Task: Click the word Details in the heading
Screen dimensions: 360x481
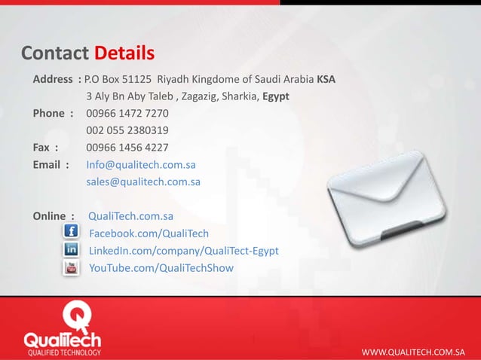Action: [x=124, y=54]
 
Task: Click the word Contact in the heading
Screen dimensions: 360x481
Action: [x=54, y=54]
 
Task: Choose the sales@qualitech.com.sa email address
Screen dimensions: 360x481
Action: [x=143, y=182]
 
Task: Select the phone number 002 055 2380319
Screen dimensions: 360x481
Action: [x=127, y=131]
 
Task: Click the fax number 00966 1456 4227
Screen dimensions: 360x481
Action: [x=127, y=148]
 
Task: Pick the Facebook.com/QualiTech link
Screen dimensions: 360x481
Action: [x=149, y=233]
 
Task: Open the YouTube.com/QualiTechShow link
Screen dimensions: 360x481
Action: [x=161, y=268]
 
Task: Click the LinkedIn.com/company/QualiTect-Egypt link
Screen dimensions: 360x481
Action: [x=184, y=251]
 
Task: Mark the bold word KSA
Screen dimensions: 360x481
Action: [x=326, y=79]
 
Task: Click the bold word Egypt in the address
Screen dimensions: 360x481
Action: [x=276, y=96]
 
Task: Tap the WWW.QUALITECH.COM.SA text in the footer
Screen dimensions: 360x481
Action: [x=413, y=352]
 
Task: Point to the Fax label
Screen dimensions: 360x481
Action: [x=45, y=148]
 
